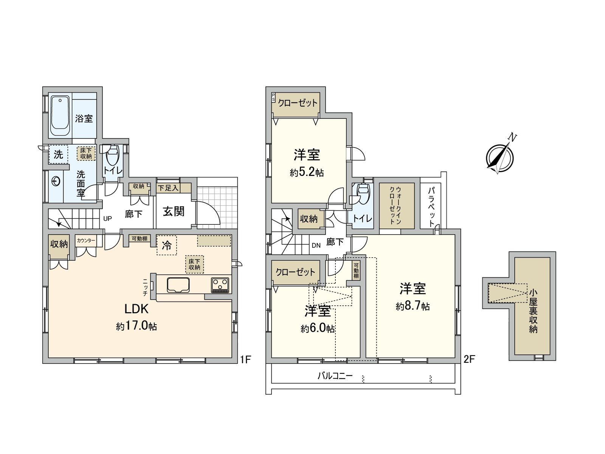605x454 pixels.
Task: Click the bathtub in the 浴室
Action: (60, 117)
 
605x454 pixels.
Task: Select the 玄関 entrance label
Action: (174, 211)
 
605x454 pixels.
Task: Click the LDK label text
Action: (137, 309)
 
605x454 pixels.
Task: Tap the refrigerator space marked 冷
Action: (166, 246)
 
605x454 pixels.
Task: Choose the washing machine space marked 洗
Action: (58, 154)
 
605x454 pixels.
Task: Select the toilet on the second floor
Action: (362, 193)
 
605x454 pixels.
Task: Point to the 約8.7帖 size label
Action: (413, 306)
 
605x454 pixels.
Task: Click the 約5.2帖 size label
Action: (307, 173)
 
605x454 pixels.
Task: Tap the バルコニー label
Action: (335, 376)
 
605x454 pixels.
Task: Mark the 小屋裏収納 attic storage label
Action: (533, 311)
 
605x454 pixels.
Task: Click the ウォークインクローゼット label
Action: (396, 205)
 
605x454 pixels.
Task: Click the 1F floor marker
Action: (245, 359)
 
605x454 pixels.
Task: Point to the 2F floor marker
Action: (469, 359)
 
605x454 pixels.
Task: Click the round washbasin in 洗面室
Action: (56, 182)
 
